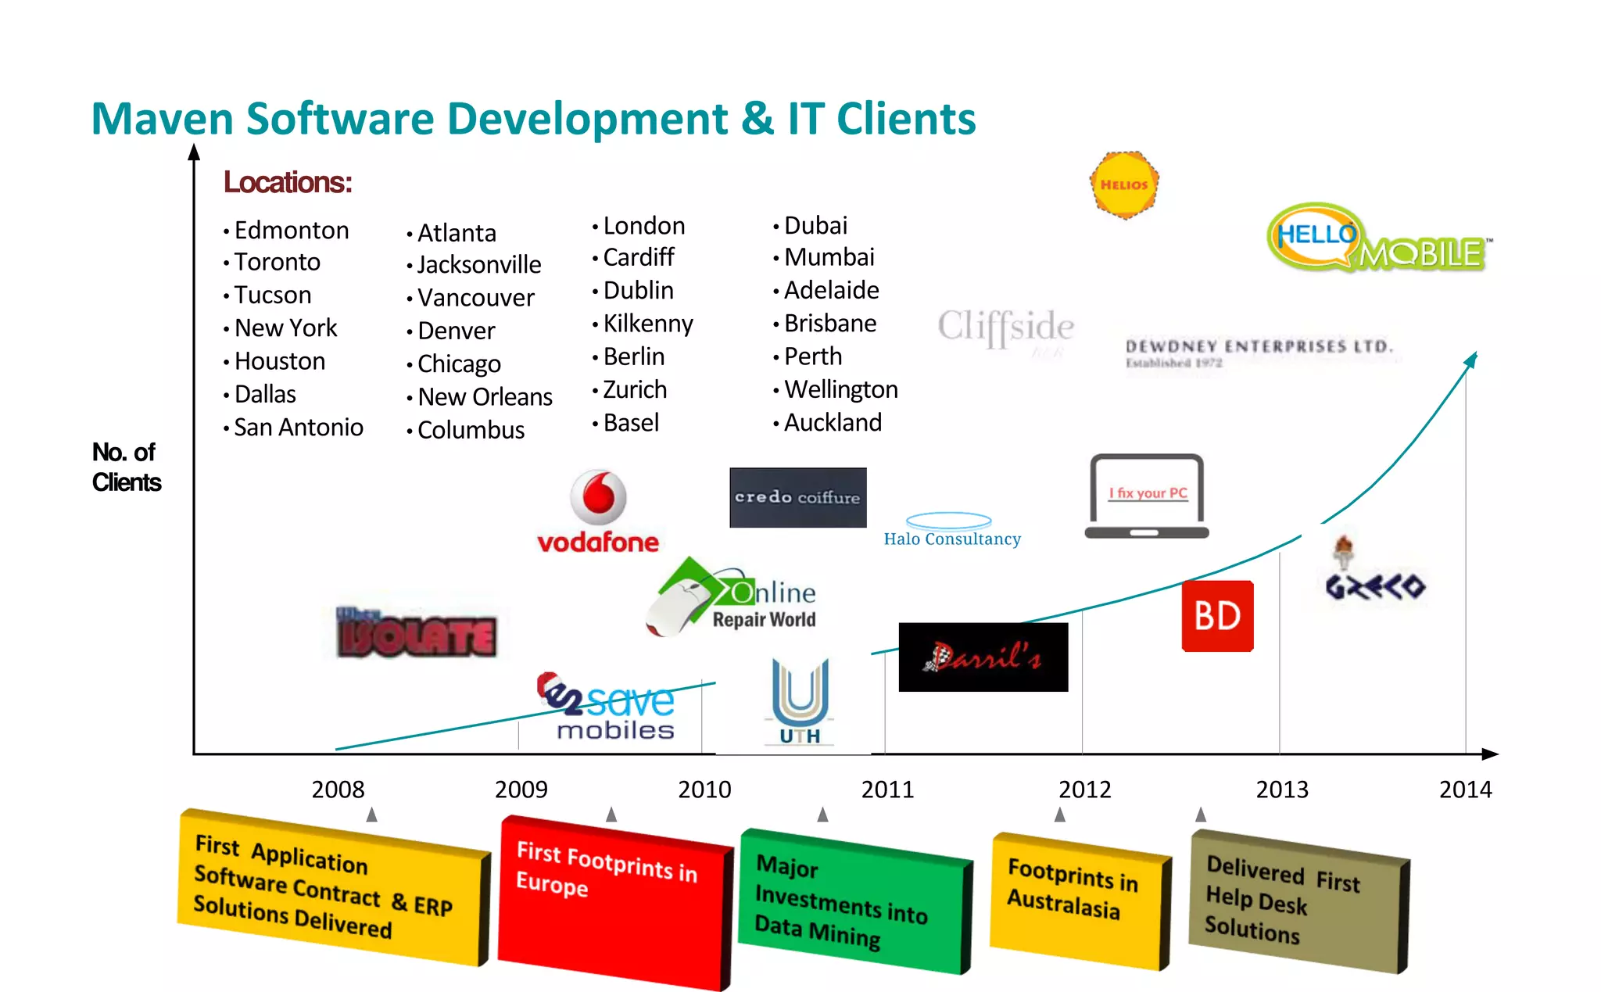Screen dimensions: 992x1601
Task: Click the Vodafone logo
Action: pyautogui.click(x=598, y=512)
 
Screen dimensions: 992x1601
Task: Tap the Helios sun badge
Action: pyautogui.click(x=1124, y=184)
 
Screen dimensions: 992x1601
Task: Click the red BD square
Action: pyautogui.click(x=1217, y=616)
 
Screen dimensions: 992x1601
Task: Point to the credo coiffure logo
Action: pyautogui.click(x=797, y=497)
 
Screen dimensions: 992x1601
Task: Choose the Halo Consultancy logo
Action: pyautogui.click(x=951, y=530)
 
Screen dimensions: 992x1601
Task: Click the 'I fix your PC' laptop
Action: pyautogui.click(x=1147, y=496)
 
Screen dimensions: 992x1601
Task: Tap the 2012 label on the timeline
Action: pyautogui.click(x=1084, y=790)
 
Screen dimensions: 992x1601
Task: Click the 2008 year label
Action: pyautogui.click(x=338, y=790)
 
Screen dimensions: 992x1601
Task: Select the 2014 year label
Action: pyautogui.click(x=1465, y=790)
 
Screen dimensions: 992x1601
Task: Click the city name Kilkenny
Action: pyautogui.click(x=648, y=324)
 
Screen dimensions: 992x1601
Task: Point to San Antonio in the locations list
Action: pyautogui.click(x=299, y=428)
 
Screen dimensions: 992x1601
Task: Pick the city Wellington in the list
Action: pyautogui.click(x=840, y=389)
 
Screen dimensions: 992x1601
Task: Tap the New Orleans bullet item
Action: pyautogui.click(x=485, y=397)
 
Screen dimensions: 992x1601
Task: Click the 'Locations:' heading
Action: pyautogui.click(x=288, y=182)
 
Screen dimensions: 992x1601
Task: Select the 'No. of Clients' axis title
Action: pyautogui.click(x=126, y=467)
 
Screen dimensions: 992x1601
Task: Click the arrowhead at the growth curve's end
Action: pyautogui.click(x=1471, y=359)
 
